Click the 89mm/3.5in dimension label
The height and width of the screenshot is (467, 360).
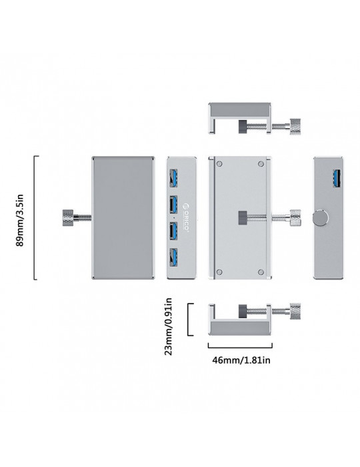click(19, 220)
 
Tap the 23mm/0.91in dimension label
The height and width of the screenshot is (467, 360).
click(168, 326)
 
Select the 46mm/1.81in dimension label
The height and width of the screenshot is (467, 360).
click(241, 360)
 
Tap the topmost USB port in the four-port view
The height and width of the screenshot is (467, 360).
click(173, 178)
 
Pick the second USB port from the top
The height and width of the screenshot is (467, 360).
click(173, 205)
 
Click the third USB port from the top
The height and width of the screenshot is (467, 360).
click(173, 231)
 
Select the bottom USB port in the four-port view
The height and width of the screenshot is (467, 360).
click(173, 258)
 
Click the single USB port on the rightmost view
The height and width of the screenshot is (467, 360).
click(337, 179)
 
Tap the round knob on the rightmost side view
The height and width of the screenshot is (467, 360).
click(321, 217)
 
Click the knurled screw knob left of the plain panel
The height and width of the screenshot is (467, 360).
click(68, 217)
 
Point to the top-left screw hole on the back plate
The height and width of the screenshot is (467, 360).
click(219, 164)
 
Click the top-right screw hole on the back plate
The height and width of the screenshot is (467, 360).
click(261, 164)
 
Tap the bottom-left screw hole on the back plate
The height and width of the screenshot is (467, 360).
click(219, 272)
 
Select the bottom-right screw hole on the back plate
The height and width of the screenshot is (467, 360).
click(261, 272)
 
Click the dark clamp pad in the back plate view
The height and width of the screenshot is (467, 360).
click(243, 217)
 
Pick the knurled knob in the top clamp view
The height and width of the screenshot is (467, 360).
click(295, 127)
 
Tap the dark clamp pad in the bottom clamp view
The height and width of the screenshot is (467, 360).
click(243, 312)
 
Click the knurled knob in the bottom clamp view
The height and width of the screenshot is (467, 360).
click(295, 312)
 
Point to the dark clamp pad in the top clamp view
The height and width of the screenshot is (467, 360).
click(243, 127)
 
